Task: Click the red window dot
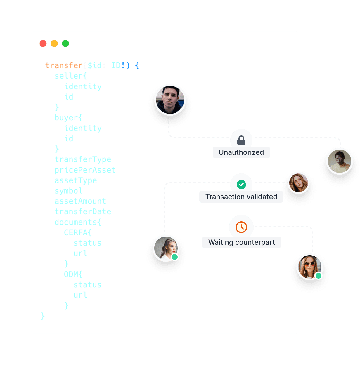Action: pos(43,44)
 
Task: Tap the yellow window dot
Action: pos(54,44)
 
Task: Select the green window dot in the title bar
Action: pos(65,44)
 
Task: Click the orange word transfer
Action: pos(64,65)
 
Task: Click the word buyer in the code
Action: pos(67,118)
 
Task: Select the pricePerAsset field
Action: pos(85,170)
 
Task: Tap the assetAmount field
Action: pos(80,201)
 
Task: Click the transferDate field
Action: pos(83,211)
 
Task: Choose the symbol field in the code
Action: pos(68,191)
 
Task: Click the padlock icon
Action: pos(241,140)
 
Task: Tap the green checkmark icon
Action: pos(241,185)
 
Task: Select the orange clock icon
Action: pos(241,227)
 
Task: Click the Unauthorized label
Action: pos(241,152)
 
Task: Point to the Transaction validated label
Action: pos(241,197)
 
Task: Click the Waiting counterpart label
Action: pos(242,242)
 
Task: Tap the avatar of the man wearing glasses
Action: pos(340,161)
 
